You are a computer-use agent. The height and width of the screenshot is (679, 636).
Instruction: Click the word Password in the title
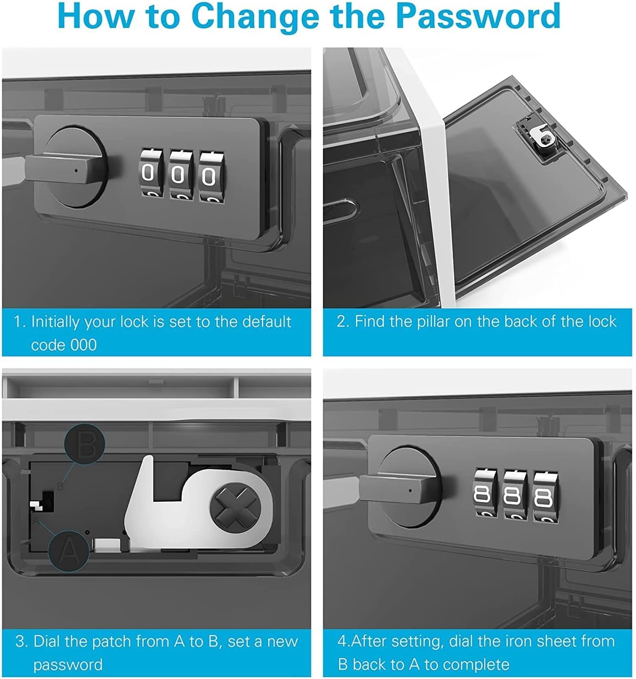point(479,16)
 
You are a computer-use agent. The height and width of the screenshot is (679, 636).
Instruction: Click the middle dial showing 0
point(181,174)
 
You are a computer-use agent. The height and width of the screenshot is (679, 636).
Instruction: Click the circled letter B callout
point(85,444)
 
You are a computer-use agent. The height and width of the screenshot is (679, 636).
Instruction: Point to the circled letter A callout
point(68,552)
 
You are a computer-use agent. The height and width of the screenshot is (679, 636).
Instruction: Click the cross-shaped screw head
point(236,507)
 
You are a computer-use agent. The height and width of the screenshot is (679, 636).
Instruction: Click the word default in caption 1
point(267,321)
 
